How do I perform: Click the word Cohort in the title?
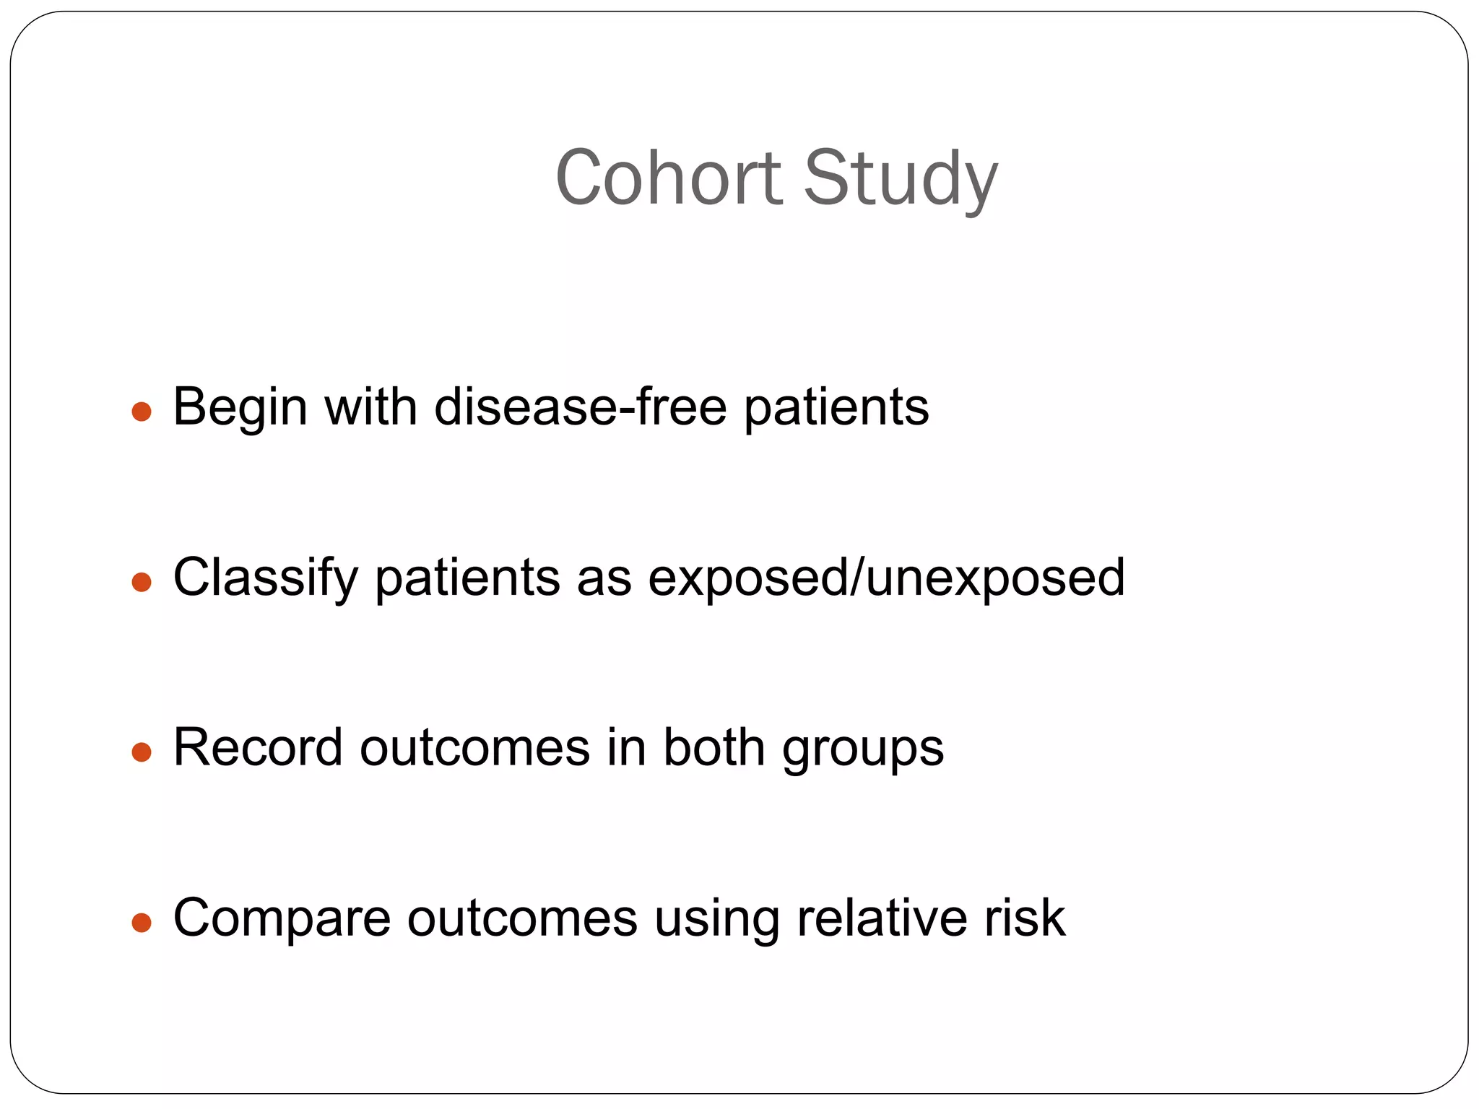[668, 178]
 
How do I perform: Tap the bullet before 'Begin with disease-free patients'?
[142, 412]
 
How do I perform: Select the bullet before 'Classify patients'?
[142, 582]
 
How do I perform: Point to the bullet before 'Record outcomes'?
[142, 752]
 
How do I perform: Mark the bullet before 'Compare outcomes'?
[142, 923]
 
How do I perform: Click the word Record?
[258, 748]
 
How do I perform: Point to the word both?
[714, 748]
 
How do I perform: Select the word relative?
[881, 918]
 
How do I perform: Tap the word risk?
[1025, 918]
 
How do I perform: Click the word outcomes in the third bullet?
[474, 748]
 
